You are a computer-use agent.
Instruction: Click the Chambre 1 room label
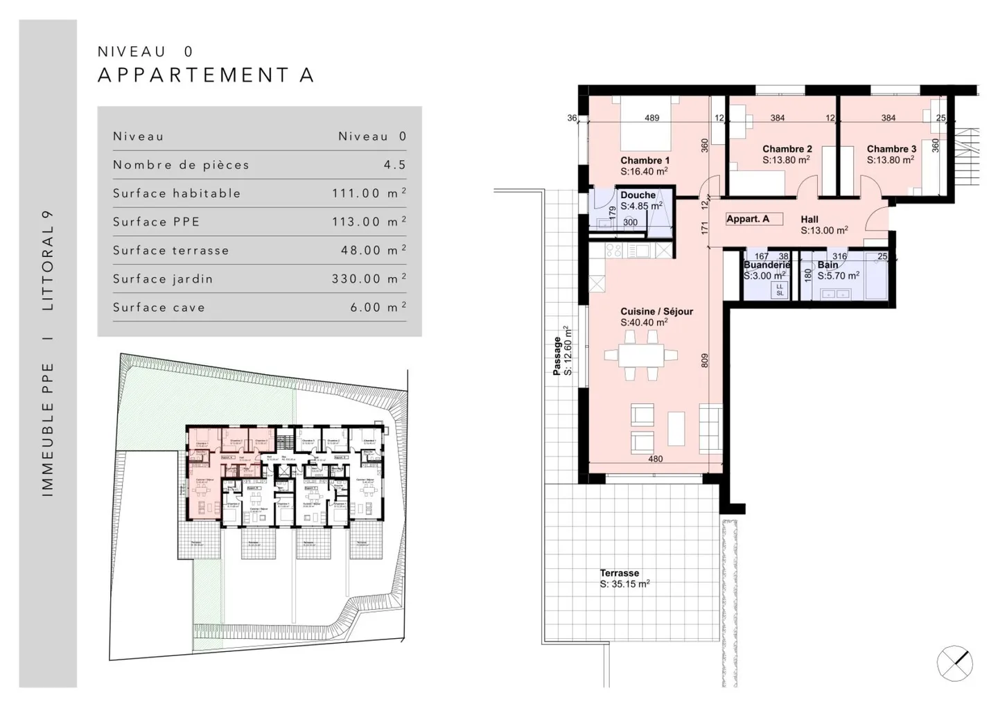pyautogui.click(x=645, y=161)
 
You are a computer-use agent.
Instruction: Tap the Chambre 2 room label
pyautogui.click(x=787, y=149)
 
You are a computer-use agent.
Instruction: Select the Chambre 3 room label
pyautogui.click(x=891, y=149)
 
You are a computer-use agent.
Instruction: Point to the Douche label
pyautogui.click(x=638, y=195)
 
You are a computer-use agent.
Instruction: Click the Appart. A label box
pyautogui.click(x=753, y=219)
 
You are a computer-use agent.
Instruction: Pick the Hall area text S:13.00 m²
pyautogui.click(x=824, y=231)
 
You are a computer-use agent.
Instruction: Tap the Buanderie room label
pyautogui.click(x=767, y=265)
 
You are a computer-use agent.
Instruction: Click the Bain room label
pyautogui.click(x=828, y=265)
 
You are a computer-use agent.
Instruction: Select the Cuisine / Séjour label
pyautogui.click(x=656, y=312)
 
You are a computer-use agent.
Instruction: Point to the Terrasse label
pyautogui.click(x=620, y=573)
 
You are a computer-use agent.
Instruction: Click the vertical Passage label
pyautogui.click(x=557, y=356)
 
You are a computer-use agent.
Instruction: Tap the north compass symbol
pyautogui.click(x=954, y=663)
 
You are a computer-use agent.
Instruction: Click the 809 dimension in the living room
pyautogui.click(x=705, y=360)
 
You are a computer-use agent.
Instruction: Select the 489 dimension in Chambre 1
pyautogui.click(x=651, y=118)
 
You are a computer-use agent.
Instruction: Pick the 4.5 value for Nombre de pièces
pyautogui.click(x=395, y=165)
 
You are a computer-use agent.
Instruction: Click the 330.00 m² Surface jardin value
pyautogui.click(x=368, y=279)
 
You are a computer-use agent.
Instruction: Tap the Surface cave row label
pyautogui.click(x=159, y=308)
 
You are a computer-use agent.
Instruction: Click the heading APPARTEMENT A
pyautogui.click(x=206, y=75)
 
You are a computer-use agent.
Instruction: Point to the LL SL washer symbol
pyautogui.click(x=780, y=290)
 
